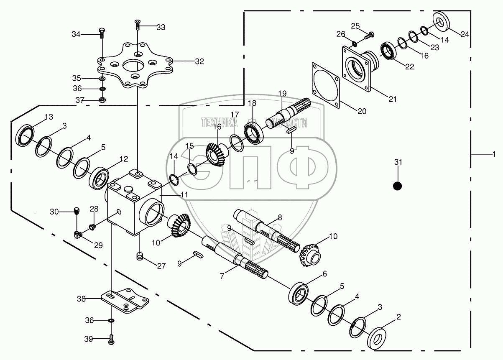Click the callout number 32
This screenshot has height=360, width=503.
pyautogui.click(x=199, y=61)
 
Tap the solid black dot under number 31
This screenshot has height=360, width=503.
pyautogui.click(x=398, y=186)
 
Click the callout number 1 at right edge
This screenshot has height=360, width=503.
pyautogui.click(x=493, y=154)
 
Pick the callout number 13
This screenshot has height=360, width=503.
pyautogui.click(x=49, y=117)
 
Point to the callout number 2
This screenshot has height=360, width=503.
pyautogui.click(x=398, y=317)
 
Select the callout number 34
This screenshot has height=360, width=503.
pyautogui.click(x=76, y=34)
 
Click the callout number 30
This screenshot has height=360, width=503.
pyautogui.click(x=55, y=212)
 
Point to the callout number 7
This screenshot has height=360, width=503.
pyautogui.click(x=222, y=276)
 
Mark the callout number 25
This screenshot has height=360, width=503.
pyautogui.click(x=355, y=26)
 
